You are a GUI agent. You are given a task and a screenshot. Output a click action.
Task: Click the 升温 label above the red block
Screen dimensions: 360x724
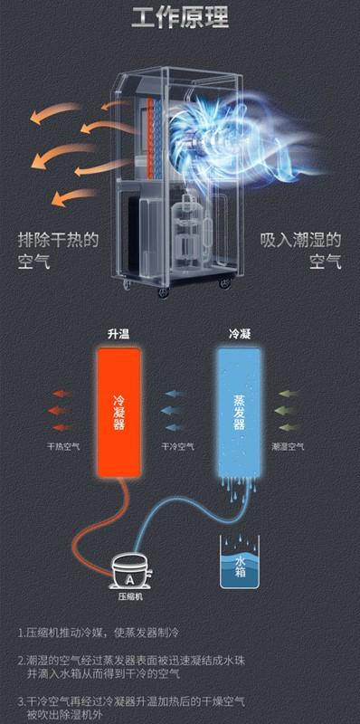(118, 334)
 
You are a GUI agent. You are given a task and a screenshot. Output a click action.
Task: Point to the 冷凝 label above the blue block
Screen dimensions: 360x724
(240, 334)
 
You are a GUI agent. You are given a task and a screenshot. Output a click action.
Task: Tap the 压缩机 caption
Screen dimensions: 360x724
(129, 598)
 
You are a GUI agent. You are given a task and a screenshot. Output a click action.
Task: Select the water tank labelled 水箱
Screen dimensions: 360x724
(240, 562)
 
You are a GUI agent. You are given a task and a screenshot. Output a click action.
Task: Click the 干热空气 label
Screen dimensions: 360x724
(63, 446)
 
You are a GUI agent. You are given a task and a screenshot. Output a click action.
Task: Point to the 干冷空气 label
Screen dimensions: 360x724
(178, 446)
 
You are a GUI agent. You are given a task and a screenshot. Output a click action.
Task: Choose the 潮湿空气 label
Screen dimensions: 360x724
(288, 446)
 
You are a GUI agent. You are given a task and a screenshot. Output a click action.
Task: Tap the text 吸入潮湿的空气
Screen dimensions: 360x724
(300, 251)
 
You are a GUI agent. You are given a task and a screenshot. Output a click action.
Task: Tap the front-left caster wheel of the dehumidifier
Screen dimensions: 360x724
(127, 288)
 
